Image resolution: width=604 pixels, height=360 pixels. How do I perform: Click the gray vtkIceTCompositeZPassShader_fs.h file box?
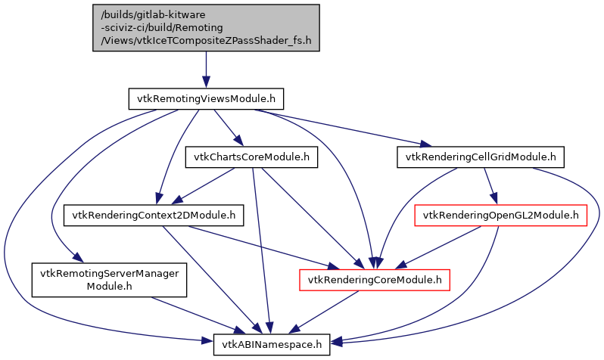click(205, 28)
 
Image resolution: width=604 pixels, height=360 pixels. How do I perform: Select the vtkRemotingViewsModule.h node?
click(206, 98)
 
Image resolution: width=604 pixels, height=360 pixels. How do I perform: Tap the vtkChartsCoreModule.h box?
click(251, 157)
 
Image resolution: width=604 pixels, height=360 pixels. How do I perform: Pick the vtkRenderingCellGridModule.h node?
click(481, 157)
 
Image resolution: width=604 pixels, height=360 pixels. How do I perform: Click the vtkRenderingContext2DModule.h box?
click(153, 216)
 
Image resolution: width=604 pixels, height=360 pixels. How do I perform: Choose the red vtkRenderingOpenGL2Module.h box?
click(501, 216)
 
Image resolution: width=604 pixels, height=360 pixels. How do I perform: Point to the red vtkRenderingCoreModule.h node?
click(375, 281)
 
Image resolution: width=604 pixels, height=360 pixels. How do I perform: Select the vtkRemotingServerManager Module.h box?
click(109, 280)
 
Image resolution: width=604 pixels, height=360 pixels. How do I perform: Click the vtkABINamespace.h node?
click(272, 345)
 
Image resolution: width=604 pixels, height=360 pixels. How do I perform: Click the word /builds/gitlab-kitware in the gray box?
click(152, 14)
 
